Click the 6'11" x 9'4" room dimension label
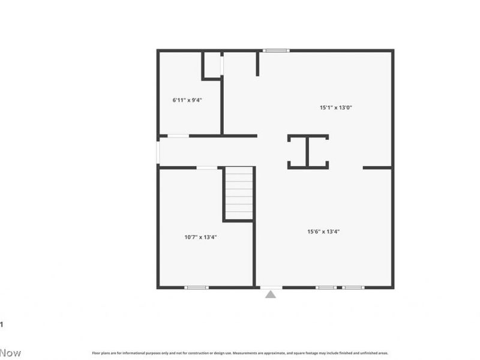point(187,100)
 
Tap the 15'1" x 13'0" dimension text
point(335,108)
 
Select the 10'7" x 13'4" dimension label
point(200,237)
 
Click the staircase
point(239,194)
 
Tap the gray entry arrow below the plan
point(271,294)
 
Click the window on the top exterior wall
point(276,50)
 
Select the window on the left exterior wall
point(158,152)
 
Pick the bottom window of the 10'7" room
point(196,287)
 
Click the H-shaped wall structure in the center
point(307,152)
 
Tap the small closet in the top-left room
point(212,65)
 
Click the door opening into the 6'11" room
point(178,136)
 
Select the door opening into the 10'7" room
point(207,167)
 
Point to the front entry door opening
point(271,287)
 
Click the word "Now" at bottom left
point(10,353)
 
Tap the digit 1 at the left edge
point(2,325)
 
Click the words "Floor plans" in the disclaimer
point(101,353)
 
